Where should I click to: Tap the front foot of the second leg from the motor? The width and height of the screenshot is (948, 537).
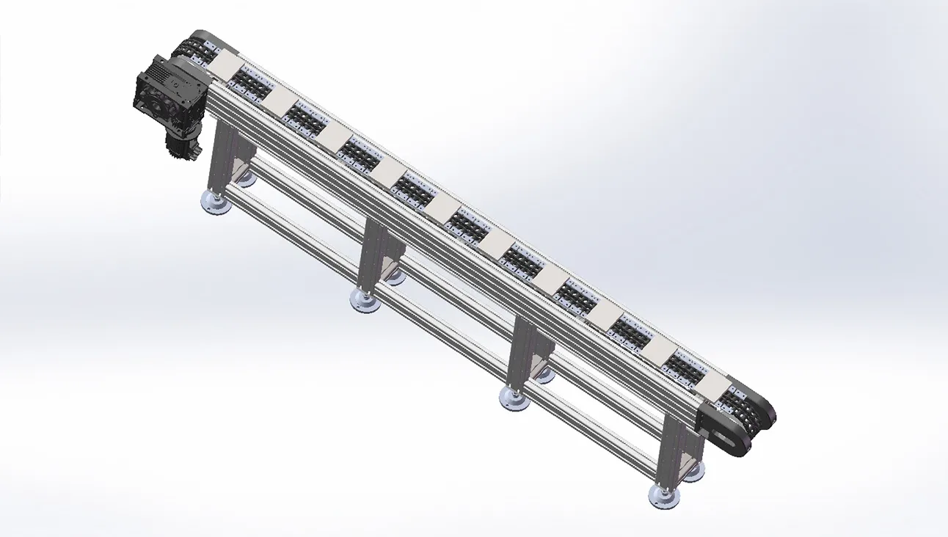364,300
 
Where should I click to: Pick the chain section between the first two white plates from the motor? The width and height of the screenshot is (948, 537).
251,84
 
